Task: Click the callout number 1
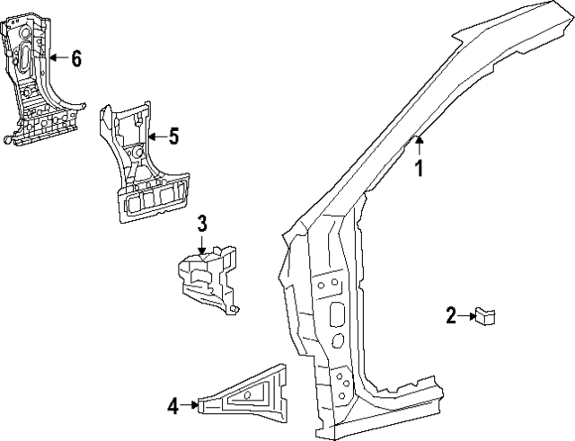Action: pos(418,166)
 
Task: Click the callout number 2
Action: pos(452,314)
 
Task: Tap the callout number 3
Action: pos(203,222)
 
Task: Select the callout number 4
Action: pos(172,406)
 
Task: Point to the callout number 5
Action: pos(173,137)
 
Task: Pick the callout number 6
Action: pos(75,59)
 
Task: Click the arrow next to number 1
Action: pos(419,144)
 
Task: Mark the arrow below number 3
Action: pos(203,243)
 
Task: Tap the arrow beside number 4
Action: pos(190,406)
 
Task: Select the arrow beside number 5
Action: pos(155,137)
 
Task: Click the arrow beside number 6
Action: pos(57,59)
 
